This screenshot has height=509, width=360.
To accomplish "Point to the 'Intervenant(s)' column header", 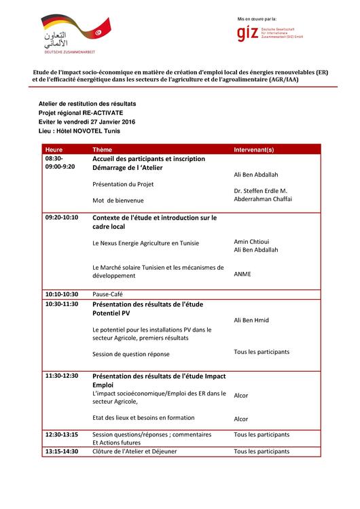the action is click(253, 148).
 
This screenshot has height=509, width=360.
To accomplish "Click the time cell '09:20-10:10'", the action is click(62, 217).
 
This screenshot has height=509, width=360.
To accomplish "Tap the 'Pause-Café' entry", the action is click(107, 294).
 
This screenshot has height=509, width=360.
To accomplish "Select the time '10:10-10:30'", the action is click(62, 294).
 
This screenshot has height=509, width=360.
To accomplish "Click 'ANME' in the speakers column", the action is click(242, 275).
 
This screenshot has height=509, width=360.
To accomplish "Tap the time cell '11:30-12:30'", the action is click(62, 375).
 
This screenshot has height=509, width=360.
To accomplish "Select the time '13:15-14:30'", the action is click(62, 451).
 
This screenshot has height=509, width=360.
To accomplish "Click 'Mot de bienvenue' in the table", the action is click(119, 200).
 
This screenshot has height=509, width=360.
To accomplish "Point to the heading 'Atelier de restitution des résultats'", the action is click(88, 103).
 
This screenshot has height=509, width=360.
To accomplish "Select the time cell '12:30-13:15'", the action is click(62, 434).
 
